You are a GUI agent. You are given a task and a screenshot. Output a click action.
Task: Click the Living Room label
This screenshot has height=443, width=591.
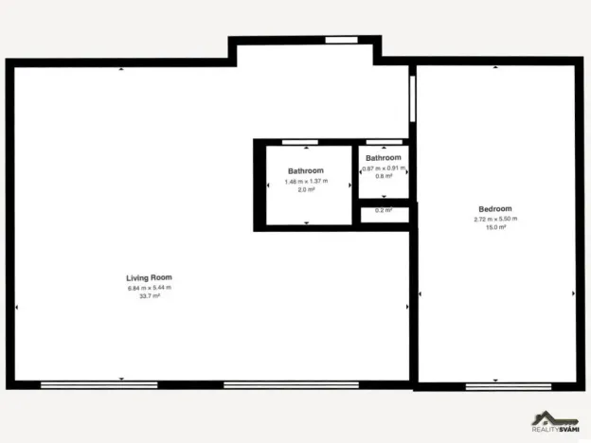pos(149,277)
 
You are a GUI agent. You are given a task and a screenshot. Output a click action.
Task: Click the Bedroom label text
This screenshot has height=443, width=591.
pos(495,209)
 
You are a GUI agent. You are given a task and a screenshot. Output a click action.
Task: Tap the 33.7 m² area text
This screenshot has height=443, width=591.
pos(149,296)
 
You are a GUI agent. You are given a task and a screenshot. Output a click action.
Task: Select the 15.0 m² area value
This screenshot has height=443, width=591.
pos(495,228)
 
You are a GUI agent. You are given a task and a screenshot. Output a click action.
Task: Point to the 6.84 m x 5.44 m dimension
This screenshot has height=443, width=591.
pos(149,287)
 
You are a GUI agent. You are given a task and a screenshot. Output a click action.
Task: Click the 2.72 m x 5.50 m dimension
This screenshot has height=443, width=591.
pos(495,219)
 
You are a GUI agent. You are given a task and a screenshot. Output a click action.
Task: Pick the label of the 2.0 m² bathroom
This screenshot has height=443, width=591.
pos(306,170)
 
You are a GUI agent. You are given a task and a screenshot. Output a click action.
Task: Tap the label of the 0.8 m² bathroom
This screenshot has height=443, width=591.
pos(384,157)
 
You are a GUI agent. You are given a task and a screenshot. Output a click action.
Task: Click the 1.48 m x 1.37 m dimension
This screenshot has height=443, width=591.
pos(306,181)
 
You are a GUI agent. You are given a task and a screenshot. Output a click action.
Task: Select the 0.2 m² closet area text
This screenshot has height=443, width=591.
pos(384,210)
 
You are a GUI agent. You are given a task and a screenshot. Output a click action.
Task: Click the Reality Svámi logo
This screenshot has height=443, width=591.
pos(556,424)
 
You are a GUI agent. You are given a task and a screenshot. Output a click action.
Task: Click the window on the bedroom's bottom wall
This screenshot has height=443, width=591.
pos(494,385)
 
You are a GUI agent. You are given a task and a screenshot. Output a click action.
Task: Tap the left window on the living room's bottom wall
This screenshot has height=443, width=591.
pos(98,384)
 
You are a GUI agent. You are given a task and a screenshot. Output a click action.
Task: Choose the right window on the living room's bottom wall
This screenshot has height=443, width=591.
pos(291,384)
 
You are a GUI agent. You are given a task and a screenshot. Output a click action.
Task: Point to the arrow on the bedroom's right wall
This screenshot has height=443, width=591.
pos(573,294)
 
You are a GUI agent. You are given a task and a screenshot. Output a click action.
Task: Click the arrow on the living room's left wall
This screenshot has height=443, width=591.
pos(17,308)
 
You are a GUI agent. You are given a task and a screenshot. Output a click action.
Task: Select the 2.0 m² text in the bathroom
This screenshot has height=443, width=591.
pos(306,189)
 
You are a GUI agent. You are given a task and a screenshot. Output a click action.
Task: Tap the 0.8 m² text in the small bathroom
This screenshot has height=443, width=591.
pos(384,176)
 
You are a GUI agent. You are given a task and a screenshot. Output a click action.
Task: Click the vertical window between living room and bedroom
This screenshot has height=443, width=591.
pos(412,98)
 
